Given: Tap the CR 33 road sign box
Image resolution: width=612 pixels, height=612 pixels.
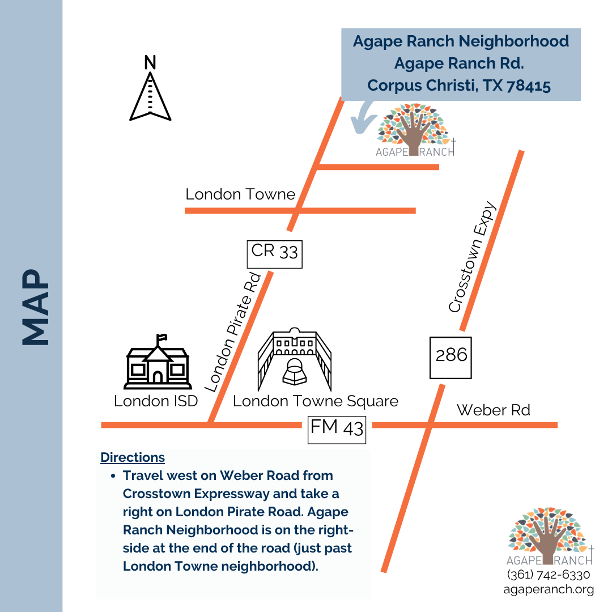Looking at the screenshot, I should pyautogui.click(x=275, y=254).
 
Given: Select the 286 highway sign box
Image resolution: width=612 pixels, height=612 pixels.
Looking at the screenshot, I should pyautogui.click(x=451, y=357).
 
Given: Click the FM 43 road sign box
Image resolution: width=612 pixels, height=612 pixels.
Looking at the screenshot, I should pyautogui.click(x=337, y=429).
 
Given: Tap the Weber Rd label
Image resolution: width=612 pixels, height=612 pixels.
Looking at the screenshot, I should pyautogui.click(x=493, y=410).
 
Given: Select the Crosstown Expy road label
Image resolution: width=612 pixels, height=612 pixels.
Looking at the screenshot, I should pyautogui.click(x=472, y=258).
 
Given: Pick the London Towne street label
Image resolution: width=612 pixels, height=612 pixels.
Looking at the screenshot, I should pyautogui.click(x=240, y=194).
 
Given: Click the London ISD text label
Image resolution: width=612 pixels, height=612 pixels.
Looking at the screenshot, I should pyautogui.click(x=156, y=401).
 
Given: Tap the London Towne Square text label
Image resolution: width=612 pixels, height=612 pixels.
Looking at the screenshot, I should pyautogui.click(x=316, y=401).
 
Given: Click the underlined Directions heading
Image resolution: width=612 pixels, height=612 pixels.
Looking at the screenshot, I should pyautogui.click(x=133, y=457).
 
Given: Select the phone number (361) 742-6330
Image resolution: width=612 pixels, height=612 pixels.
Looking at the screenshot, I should pyautogui.click(x=549, y=575).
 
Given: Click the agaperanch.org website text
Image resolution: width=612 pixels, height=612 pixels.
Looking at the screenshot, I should pyautogui.click(x=549, y=589).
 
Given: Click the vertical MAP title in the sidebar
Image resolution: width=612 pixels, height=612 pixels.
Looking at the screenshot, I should pyautogui.click(x=35, y=306).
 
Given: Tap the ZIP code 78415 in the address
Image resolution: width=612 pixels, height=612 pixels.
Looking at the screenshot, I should pyautogui.click(x=529, y=85).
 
